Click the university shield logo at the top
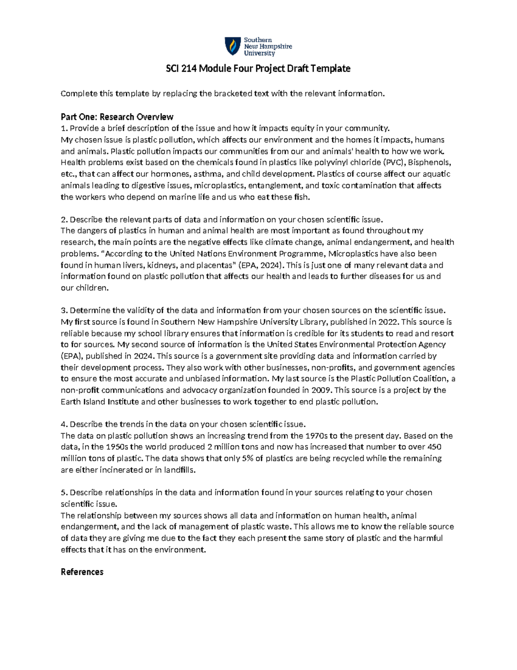coord(233,46)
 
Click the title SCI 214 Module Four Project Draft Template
coord(258,69)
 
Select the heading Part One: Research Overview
coord(117,117)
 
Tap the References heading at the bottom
coord(82,572)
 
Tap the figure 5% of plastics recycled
coord(247,458)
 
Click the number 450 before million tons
coord(433,447)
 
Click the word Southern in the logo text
coord(258,40)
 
